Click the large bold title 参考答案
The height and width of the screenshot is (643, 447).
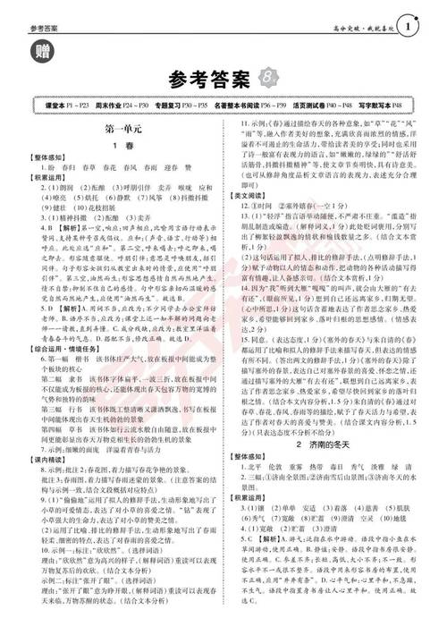point(210,81)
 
